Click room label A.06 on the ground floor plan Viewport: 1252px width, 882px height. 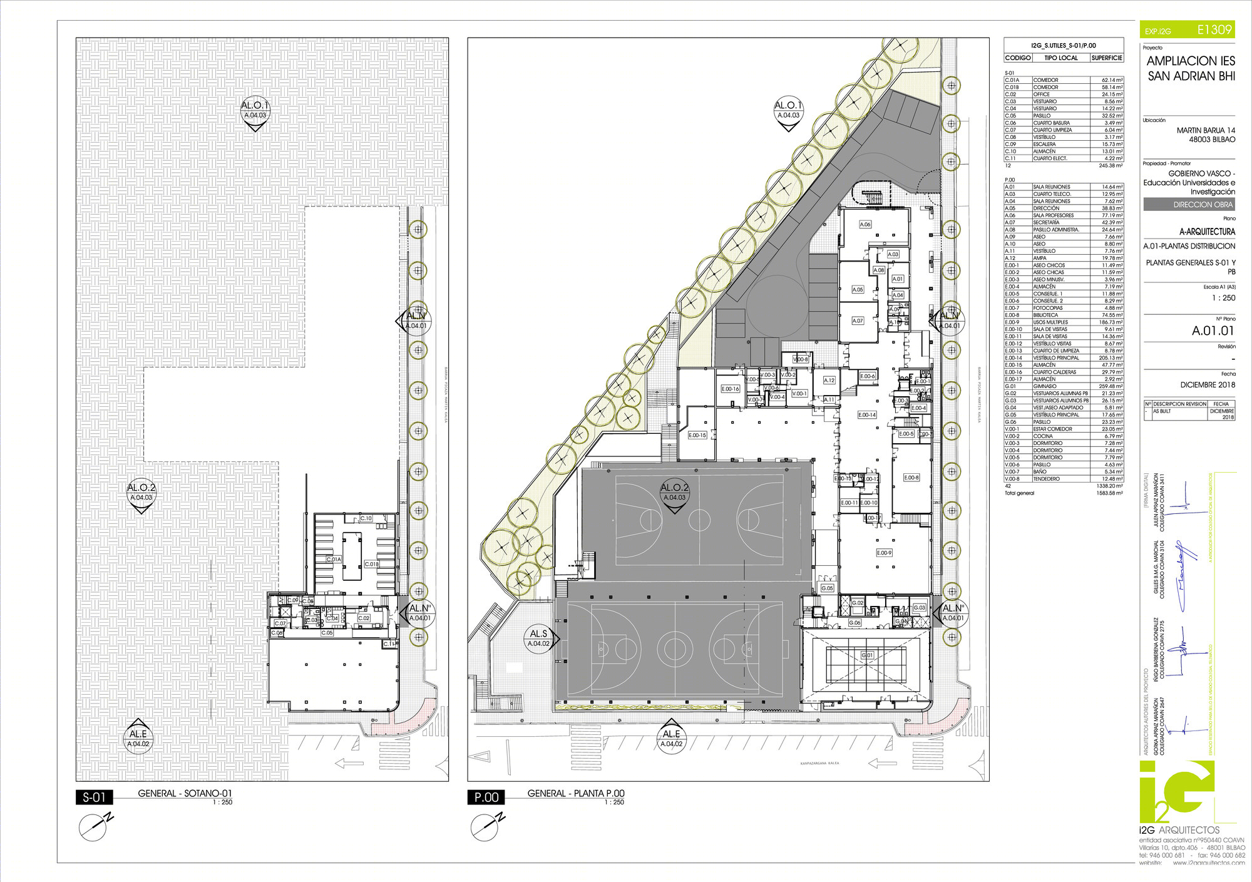(x=865, y=224)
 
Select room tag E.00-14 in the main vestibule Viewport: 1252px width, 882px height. (x=867, y=415)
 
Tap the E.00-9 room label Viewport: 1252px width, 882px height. (x=884, y=553)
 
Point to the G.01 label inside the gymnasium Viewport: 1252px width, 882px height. (x=867, y=655)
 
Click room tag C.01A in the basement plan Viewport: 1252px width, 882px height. (x=334, y=559)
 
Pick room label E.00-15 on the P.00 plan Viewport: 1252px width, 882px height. (x=697, y=435)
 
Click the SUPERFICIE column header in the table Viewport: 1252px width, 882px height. (x=1107, y=58)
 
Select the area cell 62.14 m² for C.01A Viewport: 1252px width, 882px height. (x=1112, y=80)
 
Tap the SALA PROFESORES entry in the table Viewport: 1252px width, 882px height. (x=1053, y=215)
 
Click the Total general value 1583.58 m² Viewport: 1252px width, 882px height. (x=1110, y=493)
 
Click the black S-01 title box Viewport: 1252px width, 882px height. (x=94, y=797)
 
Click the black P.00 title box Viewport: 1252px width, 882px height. (x=486, y=797)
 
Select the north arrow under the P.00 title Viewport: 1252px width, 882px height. (x=486, y=826)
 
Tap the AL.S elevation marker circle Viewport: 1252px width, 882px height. (x=538, y=638)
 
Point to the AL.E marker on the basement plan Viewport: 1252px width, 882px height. (x=138, y=739)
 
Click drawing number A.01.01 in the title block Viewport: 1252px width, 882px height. (x=1212, y=331)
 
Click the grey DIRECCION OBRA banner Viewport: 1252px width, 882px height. (x=1189, y=205)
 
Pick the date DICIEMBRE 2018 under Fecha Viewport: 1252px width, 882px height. (x=1208, y=385)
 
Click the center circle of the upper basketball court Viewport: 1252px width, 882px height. (x=699, y=520)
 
